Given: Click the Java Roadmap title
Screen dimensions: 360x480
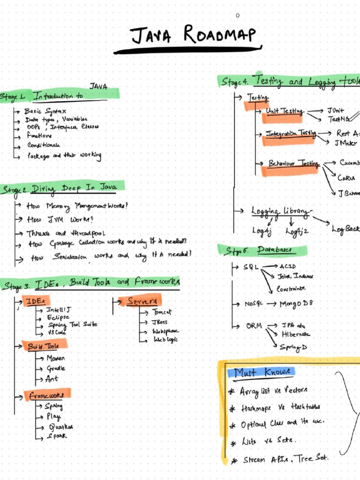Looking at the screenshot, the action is [194, 35].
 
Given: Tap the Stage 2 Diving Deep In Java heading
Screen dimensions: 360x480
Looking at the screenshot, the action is [63, 188].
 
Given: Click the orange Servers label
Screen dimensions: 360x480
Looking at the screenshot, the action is [143, 301].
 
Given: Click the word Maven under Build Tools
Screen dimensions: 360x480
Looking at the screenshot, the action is [55, 358].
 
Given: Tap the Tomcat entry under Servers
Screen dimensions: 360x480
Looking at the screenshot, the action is [162, 312].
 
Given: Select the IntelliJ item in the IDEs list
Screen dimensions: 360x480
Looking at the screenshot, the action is [59, 310].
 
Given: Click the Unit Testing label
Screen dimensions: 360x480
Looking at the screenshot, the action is [284, 111].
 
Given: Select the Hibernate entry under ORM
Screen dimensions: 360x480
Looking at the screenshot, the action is [295, 335].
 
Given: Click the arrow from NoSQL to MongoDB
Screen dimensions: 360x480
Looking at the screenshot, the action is [272, 304].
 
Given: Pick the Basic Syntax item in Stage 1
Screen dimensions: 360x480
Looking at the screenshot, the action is [45, 112].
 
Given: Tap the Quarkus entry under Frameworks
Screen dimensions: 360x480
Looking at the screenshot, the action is [61, 427].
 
